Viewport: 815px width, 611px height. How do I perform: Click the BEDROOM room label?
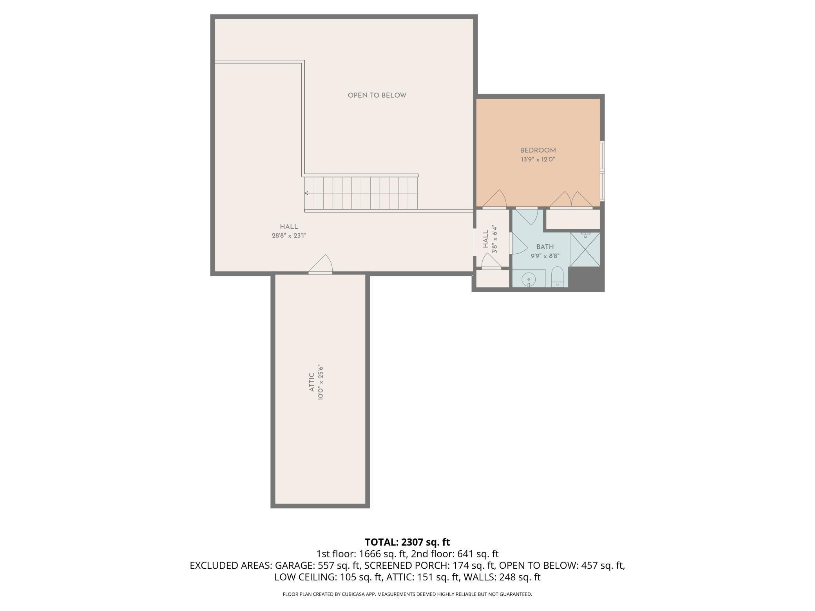click(538, 150)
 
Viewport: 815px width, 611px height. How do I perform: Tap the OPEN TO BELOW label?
click(377, 96)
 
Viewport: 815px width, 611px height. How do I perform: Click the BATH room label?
click(545, 247)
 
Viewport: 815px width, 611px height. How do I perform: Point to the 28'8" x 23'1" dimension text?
click(289, 236)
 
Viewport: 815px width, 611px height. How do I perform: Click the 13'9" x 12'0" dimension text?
click(538, 160)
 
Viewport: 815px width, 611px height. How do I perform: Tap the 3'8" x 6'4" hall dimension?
click(494, 239)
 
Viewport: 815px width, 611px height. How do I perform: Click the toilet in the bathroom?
click(557, 277)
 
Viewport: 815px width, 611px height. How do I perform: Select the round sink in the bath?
click(529, 279)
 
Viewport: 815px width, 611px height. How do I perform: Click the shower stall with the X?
click(585, 249)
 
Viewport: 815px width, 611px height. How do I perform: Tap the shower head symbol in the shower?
click(585, 234)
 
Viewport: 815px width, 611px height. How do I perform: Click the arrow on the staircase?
click(307, 193)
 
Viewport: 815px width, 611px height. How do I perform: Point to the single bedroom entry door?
click(495, 200)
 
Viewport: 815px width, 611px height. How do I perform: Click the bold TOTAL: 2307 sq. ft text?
click(407, 542)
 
